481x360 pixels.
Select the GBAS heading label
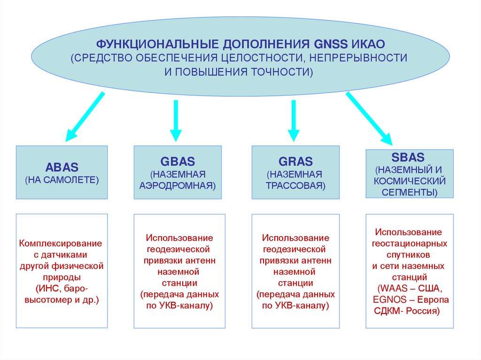[177, 162]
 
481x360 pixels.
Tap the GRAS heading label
[295, 162]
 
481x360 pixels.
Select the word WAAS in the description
[394, 288]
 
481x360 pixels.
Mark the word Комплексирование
[61, 244]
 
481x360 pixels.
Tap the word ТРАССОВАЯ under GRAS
[295, 185]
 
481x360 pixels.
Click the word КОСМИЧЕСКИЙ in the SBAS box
[409, 181]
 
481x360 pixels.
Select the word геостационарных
[409, 244]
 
